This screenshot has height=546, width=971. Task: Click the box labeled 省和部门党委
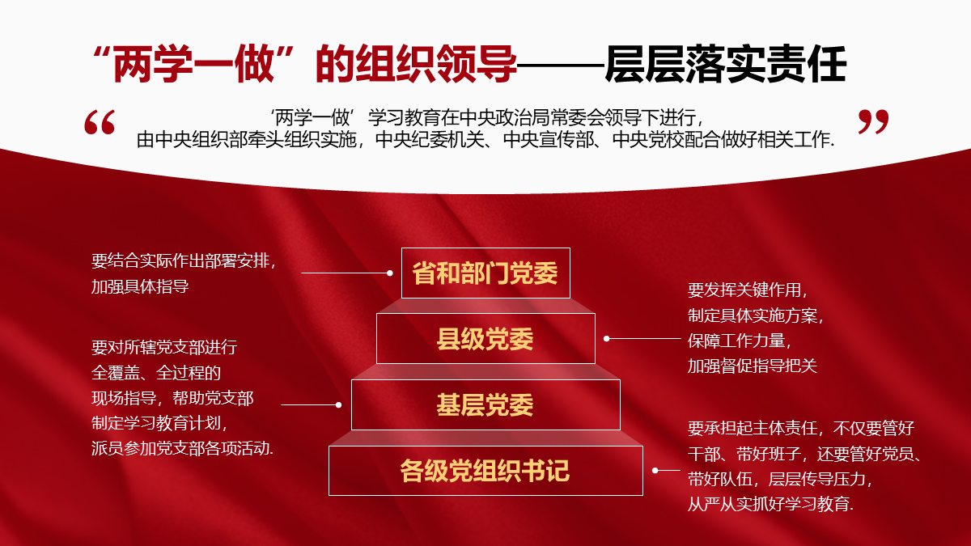tap(485, 273)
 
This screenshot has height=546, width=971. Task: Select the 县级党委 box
tap(485, 338)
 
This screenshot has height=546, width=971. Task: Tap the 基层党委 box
tap(485, 404)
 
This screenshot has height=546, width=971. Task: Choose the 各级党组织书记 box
tap(485, 471)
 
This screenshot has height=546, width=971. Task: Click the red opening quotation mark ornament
tap(100, 122)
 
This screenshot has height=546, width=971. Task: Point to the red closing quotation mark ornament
tap(873, 122)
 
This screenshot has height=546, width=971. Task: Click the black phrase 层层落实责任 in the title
tap(726, 64)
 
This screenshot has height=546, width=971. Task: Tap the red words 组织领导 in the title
tap(435, 64)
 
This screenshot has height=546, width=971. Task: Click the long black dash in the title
tap(561, 66)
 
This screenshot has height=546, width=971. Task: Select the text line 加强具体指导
tap(140, 286)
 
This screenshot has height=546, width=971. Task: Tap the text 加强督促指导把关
tap(753, 366)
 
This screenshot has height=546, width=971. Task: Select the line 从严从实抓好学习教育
tap(769, 504)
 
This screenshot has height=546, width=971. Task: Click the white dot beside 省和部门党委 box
tap(390, 273)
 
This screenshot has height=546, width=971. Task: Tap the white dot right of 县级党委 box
tap(607, 338)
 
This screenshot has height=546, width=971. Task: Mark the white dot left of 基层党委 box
tap(338, 404)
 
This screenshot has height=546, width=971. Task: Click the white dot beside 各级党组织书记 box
tap(655, 470)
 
